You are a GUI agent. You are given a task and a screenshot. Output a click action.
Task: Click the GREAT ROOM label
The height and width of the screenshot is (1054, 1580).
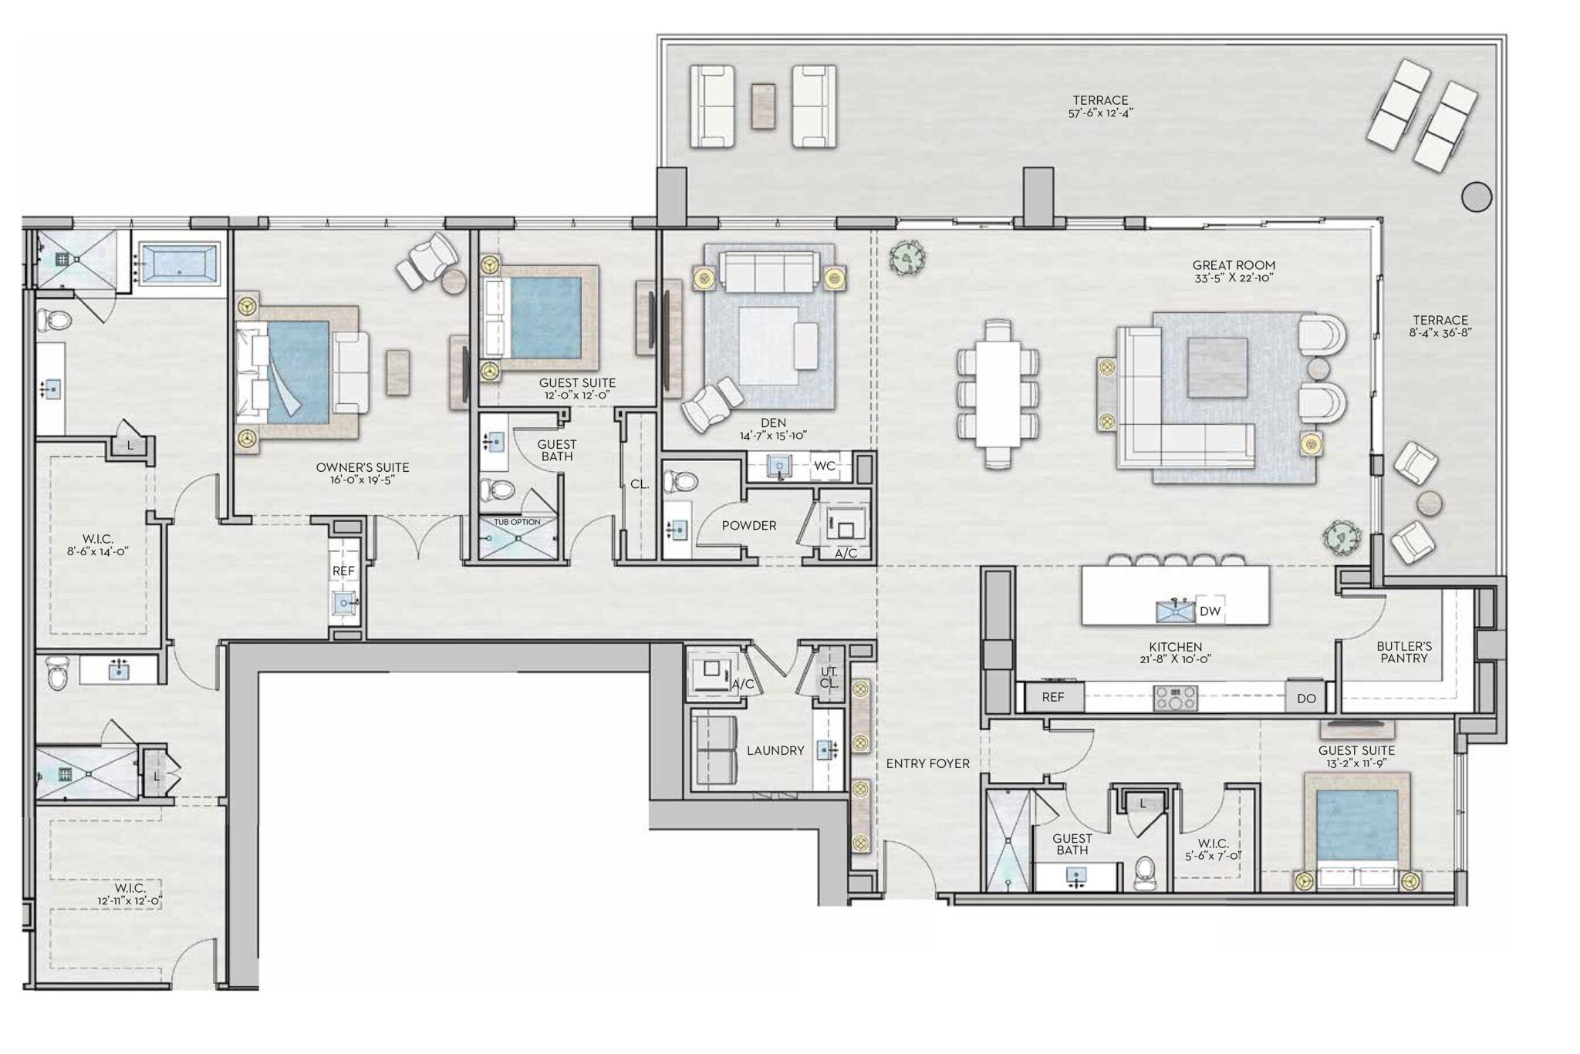(x=1234, y=265)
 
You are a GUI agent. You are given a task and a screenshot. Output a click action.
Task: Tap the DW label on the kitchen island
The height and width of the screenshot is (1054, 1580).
(x=1210, y=611)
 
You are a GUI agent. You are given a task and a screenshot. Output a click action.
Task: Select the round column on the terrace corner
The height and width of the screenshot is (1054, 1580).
(x=1476, y=197)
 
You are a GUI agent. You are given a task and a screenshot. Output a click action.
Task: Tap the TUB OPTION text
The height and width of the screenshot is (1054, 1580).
(x=517, y=522)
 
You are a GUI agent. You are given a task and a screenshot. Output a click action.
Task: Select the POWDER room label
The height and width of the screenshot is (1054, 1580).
(x=748, y=526)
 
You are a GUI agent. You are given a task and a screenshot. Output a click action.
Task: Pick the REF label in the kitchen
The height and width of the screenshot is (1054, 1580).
(x=1052, y=697)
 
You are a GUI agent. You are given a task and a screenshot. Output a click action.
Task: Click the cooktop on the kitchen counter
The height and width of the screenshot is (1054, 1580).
(x=1176, y=698)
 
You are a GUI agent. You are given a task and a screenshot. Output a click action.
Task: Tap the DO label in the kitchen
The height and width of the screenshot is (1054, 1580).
(x=1306, y=699)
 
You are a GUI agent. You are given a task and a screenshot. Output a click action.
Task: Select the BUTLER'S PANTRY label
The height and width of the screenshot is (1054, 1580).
(x=1404, y=652)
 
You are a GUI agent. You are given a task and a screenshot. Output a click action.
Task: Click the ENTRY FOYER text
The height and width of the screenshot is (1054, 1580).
(x=927, y=763)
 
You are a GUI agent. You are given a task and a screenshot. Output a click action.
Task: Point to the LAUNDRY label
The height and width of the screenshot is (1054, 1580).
(x=775, y=750)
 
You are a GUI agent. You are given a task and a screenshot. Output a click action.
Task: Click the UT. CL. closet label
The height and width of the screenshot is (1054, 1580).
(x=829, y=678)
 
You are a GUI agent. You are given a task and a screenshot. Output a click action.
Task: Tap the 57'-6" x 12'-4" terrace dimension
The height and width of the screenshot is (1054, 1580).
(x=1100, y=113)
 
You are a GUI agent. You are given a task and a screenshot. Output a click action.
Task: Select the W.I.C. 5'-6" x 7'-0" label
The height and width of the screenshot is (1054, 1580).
(x=1213, y=850)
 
